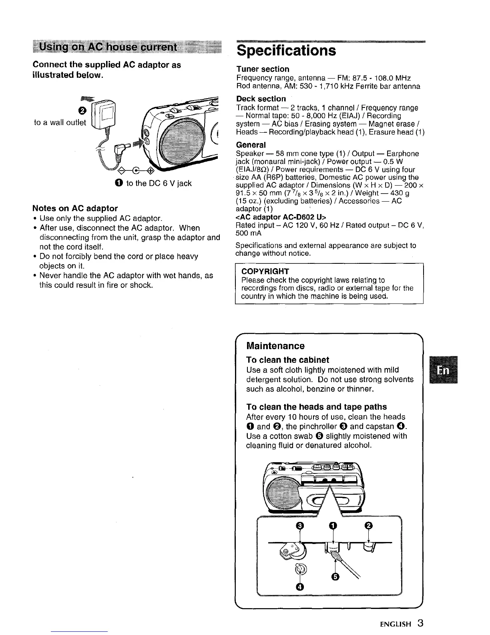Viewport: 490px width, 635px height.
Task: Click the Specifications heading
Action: [x=286, y=51]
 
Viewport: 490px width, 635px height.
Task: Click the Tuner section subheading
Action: [x=263, y=69]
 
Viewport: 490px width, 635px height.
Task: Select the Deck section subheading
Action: [x=261, y=99]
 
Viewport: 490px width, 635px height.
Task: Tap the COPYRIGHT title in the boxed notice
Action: [x=265, y=271]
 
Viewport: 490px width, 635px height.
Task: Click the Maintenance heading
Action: [x=275, y=346]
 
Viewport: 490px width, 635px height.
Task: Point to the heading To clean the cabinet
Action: [x=287, y=360]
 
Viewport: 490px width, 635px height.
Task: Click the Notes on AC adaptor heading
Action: [x=75, y=208]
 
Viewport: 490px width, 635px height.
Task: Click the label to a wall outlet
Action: [x=60, y=123]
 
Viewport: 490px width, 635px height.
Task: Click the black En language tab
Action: [x=444, y=369]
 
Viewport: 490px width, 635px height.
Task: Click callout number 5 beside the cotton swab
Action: [x=335, y=576]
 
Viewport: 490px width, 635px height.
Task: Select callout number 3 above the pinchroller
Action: [x=298, y=526]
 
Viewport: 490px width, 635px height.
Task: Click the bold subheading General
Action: [x=251, y=145]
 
